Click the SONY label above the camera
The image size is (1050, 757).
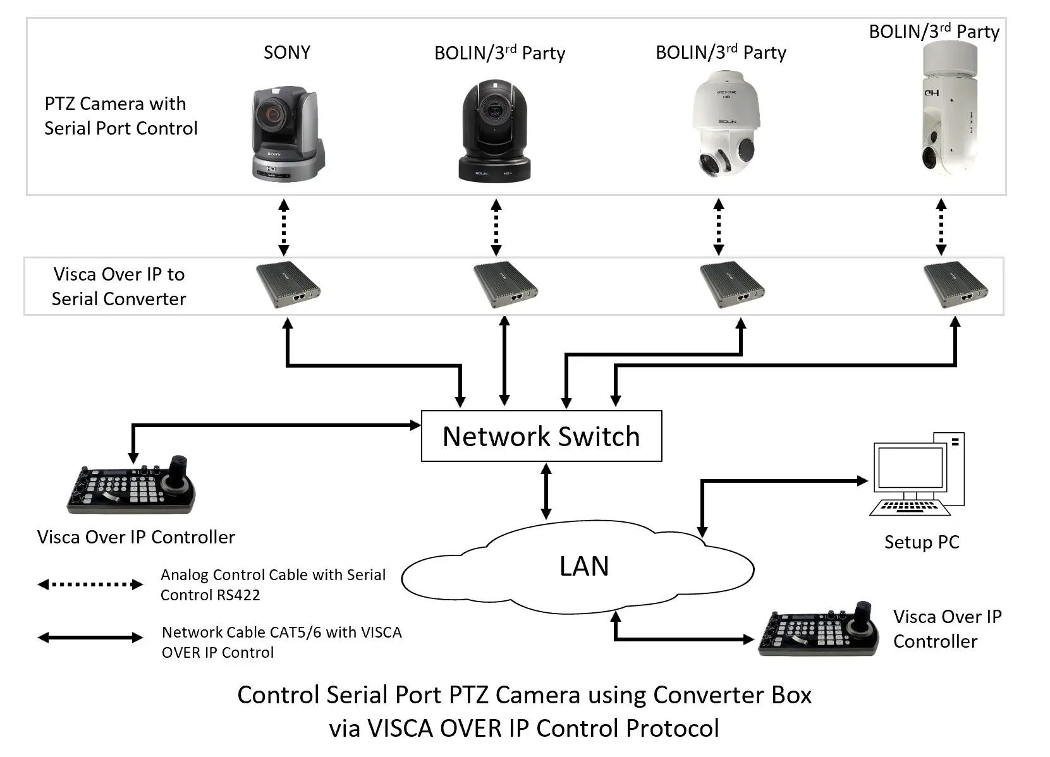[286, 52]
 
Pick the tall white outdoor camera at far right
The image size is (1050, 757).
[946, 107]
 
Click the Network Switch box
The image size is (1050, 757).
[541, 436]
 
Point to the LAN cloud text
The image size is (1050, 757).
[583, 566]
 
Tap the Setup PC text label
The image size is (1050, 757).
[921, 542]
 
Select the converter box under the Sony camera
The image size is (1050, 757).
[288, 284]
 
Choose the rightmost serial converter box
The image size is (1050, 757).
[955, 284]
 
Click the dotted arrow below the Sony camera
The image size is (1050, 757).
[284, 227]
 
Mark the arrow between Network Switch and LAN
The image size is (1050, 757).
[546, 491]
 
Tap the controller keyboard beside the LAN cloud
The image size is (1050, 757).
[818, 629]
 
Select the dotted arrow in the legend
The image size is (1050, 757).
[90, 584]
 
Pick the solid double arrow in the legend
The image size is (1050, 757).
[90, 638]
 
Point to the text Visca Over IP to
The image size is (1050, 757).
[119, 274]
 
